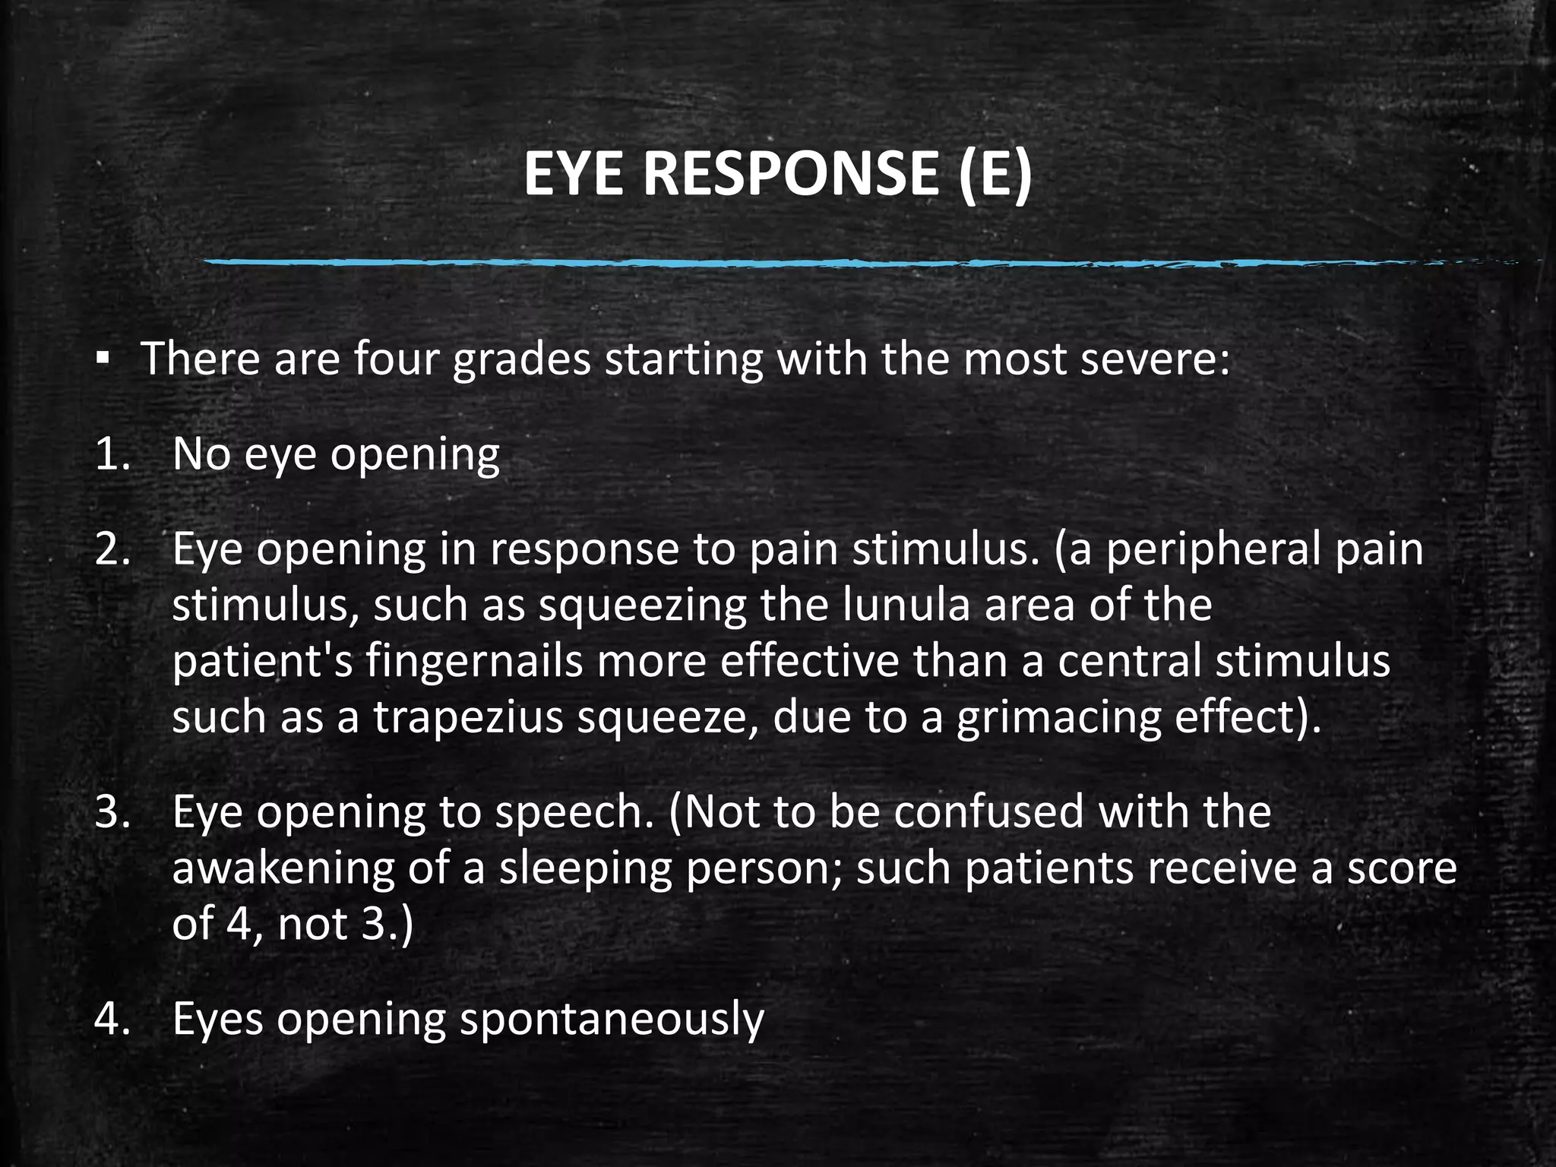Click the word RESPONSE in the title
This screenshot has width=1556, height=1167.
click(x=791, y=174)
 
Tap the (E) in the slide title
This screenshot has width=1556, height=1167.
click(x=995, y=174)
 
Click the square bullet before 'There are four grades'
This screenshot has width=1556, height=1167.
click(x=103, y=358)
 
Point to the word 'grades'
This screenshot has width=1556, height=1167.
click(x=521, y=359)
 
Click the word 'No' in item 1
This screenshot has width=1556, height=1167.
click(x=201, y=454)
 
